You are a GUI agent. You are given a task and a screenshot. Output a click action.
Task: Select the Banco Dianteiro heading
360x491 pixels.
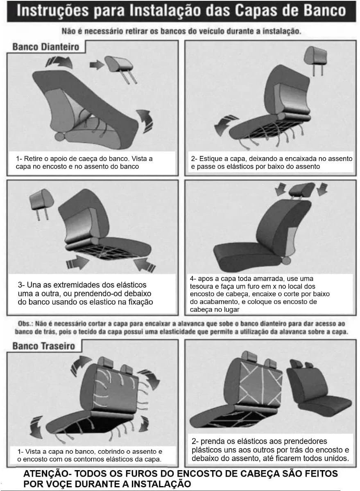pyautogui.click(x=45, y=47)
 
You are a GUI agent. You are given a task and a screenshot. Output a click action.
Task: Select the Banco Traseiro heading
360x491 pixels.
pyautogui.click(x=44, y=346)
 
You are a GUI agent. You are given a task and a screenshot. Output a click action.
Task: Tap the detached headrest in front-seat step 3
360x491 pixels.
pyautogui.click(x=41, y=203)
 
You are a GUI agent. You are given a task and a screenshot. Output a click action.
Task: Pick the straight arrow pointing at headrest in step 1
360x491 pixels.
pyautogui.click(x=97, y=65)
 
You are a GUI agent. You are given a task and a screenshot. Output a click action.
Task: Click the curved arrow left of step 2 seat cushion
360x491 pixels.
pyautogui.click(x=225, y=125)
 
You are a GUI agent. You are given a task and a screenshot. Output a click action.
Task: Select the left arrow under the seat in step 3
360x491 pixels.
pyautogui.click(x=78, y=262)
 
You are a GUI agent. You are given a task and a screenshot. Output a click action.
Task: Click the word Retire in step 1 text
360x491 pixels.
pyautogui.click(x=33, y=158)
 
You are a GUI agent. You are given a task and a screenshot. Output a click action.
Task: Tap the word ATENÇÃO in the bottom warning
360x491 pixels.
pyautogui.click(x=45, y=473)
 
